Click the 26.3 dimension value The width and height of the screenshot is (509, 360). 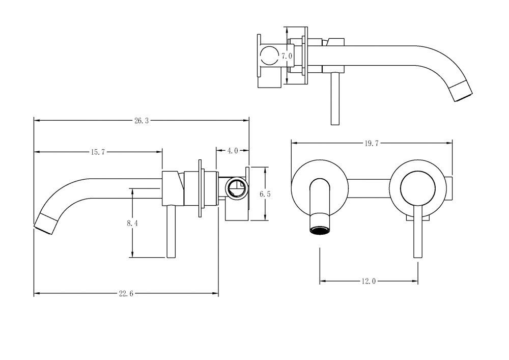point(141,121)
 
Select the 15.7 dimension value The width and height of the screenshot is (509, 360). point(98,152)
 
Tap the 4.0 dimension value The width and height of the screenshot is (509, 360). point(233,151)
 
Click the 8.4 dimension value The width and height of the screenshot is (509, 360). point(132,223)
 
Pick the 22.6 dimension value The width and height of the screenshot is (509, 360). point(126,293)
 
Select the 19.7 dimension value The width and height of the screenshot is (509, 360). point(371,143)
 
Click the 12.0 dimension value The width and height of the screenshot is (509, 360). point(369,281)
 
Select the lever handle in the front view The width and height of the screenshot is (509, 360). point(417,234)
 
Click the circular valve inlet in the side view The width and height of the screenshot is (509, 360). point(237,187)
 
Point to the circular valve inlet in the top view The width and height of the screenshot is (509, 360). point(270,56)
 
